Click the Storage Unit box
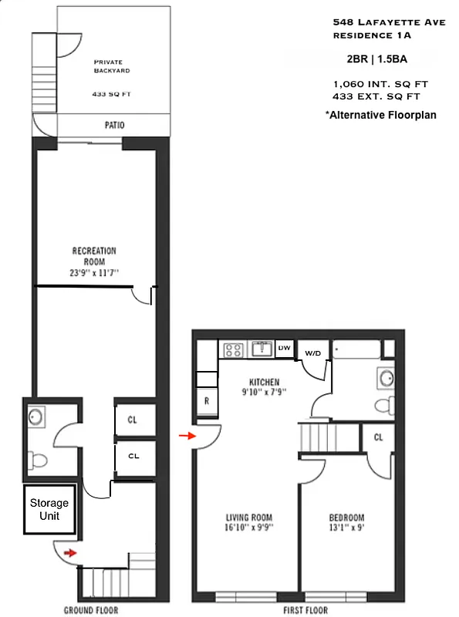click(x=49, y=510)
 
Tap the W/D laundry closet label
click(x=312, y=353)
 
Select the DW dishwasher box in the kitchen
click(x=284, y=349)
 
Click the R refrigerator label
click(x=208, y=402)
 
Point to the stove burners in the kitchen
click(x=233, y=350)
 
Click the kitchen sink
click(x=261, y=349)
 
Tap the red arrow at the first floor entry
click(x=184, y=437)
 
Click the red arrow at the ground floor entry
click(x=70, y=552)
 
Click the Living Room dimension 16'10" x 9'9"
click(x=249, y=528)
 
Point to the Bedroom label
click(x=346, y=518)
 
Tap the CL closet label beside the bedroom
click(x=378, y=437)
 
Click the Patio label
click(x=115, y=125)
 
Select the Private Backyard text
click(x=112, y=66)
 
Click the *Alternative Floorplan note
click(x=381, y=115)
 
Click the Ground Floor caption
click(x=91, y=610)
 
